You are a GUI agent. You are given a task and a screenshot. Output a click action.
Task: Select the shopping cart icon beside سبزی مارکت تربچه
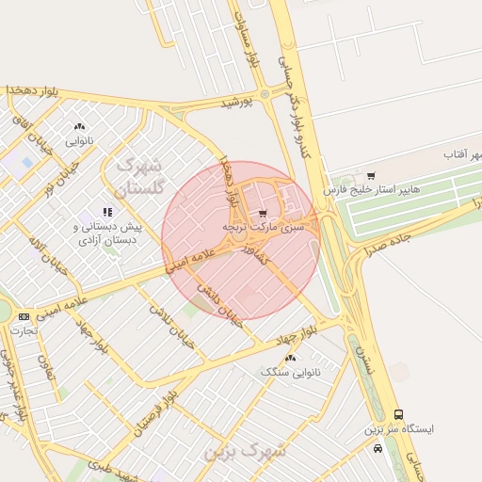click(x=263, y=213)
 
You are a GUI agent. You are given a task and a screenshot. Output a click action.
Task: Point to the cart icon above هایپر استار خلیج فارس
click(x=371, y=176)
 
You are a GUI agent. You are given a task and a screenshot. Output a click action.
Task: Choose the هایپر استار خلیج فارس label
click(x=370, y=190)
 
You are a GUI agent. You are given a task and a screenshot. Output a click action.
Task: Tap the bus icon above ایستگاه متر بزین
click(x=399, y=414)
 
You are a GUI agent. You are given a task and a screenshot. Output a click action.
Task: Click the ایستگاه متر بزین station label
click(x=399, y=428)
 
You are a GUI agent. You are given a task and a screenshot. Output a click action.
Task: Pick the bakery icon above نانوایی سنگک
click(x=289, y=358)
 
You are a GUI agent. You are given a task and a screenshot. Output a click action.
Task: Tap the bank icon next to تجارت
click(x=24, y=316)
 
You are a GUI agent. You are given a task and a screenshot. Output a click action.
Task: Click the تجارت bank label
click(x=24, y=330)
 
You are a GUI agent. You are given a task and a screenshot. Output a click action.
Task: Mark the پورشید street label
click(x=237, y=102)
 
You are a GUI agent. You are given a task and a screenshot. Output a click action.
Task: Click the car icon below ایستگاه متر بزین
click(x=378, y=448)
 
